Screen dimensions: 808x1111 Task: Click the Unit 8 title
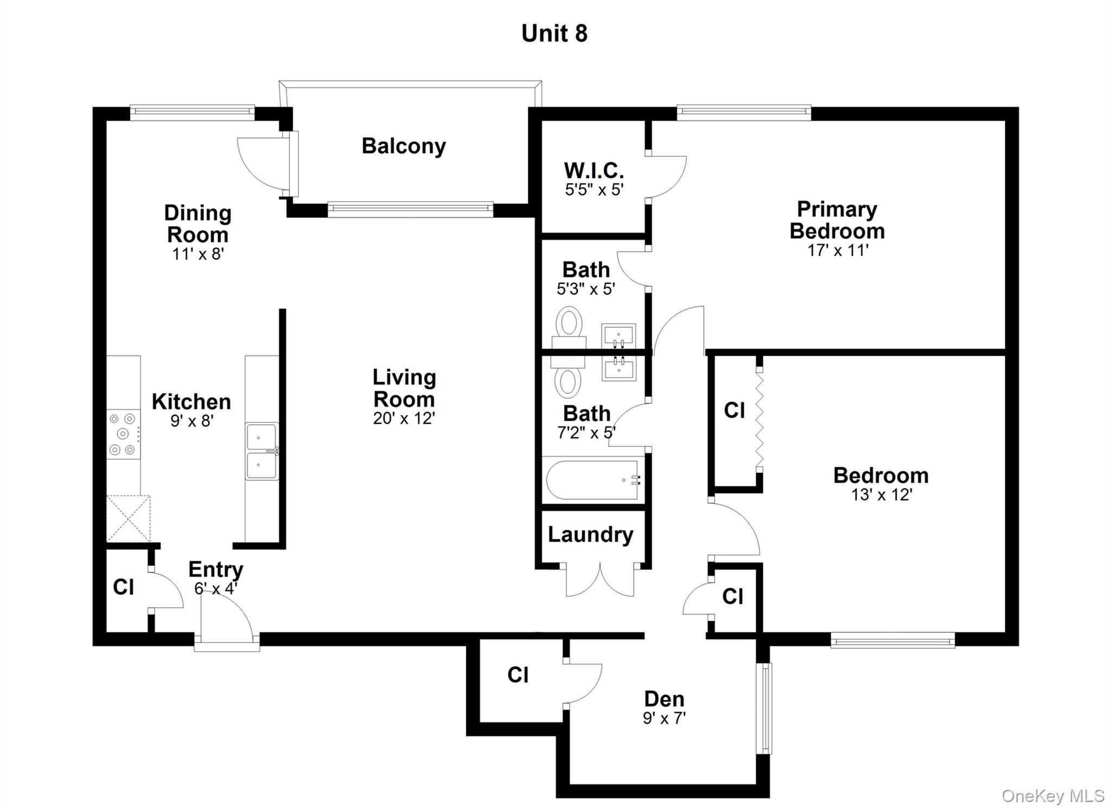tap(554, 34)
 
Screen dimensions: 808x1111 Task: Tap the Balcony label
tap(404, 146)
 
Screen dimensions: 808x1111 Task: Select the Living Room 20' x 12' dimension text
tap(404, 418)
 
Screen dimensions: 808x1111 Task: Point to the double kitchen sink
tap(262, 451)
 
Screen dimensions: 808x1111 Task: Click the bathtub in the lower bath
tap(593, 480)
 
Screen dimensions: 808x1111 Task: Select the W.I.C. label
tap(593, 170)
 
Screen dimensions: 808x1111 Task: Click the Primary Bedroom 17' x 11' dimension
tap(838, 250)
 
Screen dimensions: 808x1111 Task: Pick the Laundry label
tap(590, 535)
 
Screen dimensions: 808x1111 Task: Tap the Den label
tap(664, 699)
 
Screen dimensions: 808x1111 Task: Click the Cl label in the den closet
tap(518, 675)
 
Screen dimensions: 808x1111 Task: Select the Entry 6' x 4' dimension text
tap(215, 588)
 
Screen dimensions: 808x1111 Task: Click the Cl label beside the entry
tap(123, 587)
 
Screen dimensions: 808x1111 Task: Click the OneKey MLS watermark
tap(1052, 796)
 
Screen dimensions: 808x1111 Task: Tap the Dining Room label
tap(197, 224)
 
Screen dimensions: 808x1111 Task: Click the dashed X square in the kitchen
tap(129, 518)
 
